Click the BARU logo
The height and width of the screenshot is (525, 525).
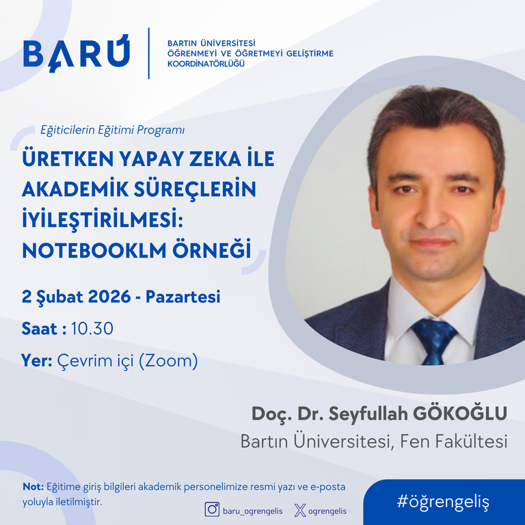click(77, 53)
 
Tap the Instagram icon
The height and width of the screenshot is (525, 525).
click(212, 509)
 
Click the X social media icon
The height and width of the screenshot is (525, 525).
click(300, 511)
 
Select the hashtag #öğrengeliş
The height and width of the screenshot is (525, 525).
click(443, 502)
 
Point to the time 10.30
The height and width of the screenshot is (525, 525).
click(92, 328)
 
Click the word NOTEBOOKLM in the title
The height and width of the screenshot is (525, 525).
click(94, 250)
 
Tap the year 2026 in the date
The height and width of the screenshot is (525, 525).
click(109, 297)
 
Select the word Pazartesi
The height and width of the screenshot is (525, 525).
click(183, 297)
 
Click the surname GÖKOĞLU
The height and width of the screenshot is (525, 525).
click(459, 413)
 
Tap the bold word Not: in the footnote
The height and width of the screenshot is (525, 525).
click(33, 487)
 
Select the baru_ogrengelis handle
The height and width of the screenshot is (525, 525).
click(252, 511)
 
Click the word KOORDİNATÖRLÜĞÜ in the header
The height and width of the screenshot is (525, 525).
click(206, 64)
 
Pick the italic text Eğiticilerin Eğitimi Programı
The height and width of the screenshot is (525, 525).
click(113, 130)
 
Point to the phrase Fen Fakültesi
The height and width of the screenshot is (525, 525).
click(454, 441)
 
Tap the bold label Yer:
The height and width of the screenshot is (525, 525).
click(37, 360)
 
